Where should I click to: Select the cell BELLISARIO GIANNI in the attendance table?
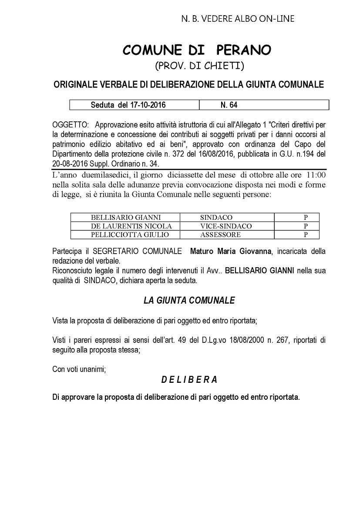[x=126, y=217]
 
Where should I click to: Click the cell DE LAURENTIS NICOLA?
[x=131, y=226]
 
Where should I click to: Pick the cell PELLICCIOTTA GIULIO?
[x=129, y=234]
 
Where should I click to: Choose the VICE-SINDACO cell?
[x=226, y=226]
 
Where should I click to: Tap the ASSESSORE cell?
[x=220, y=234]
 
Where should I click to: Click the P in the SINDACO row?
[x=306, y=217]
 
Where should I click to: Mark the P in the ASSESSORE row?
[x=306, y=234]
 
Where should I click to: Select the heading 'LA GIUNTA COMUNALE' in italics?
[x=189, y=300]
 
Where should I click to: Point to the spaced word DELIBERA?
[x=189, y=379]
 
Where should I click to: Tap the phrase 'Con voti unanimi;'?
[x=79, y=369]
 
